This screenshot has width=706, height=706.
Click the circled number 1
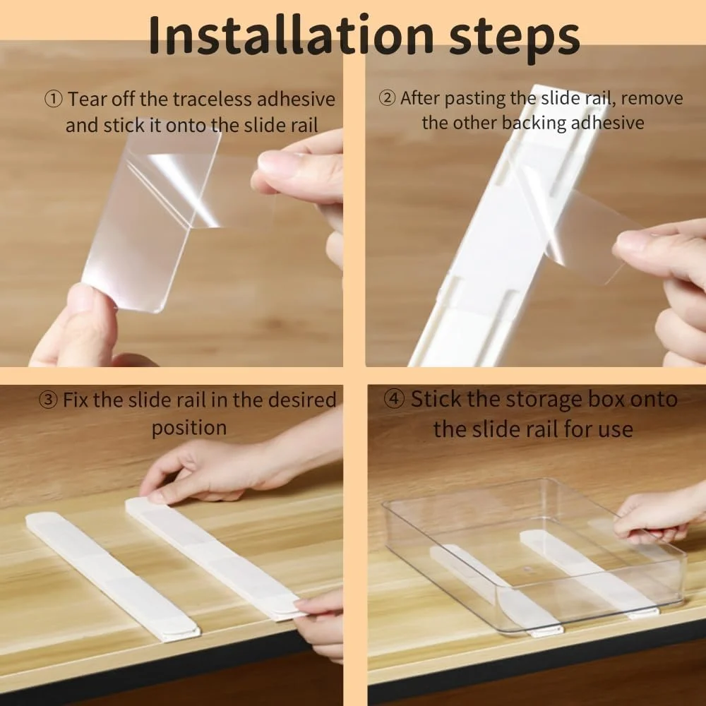click(x=54, y=99)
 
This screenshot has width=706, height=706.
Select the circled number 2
click(x=387, y=97)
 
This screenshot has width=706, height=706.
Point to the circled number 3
click(x=48, y=400)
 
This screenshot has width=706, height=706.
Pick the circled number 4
click(x=394, y=399)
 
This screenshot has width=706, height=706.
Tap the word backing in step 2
click(x=534, y=124)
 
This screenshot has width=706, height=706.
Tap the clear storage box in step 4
click(x=534, y=558)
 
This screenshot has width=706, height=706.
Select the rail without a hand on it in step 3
click(x=112, y=576)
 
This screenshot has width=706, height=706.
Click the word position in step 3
click(x=189, y=428)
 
